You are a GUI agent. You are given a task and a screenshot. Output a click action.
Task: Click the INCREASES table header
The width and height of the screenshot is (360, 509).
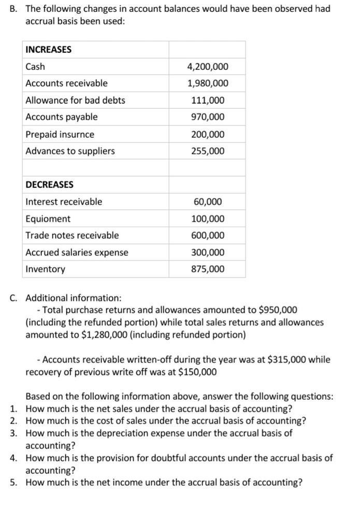(48, 50)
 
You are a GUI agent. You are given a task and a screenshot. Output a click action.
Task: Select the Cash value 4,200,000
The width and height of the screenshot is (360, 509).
(207, 67)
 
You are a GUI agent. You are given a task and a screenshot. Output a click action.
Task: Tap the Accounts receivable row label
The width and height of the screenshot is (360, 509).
(66, 83)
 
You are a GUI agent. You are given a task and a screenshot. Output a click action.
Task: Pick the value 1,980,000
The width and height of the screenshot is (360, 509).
(207, 84)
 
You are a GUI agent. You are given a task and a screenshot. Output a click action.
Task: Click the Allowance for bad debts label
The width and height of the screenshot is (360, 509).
(75, 100)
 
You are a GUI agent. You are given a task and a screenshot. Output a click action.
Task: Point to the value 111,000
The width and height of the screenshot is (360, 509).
(208, 100)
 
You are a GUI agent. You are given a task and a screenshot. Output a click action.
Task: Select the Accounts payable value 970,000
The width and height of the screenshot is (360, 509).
(208, 117)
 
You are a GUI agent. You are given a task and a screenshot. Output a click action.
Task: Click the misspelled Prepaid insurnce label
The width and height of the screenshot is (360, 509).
(60, 135)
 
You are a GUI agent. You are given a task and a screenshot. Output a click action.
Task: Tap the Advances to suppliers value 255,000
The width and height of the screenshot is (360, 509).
(208, 151)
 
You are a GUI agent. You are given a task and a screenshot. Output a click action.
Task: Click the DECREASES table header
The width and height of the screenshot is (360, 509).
(49, 185)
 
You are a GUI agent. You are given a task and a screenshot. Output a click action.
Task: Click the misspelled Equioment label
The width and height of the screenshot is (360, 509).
(48, 219)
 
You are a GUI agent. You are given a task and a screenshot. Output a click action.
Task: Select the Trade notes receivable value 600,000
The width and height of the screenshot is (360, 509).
(208, 236)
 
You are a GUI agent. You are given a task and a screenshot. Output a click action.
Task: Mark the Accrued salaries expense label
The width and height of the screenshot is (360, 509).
(77, 253)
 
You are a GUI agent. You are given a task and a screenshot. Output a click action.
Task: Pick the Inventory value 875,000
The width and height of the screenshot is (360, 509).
(208, 269)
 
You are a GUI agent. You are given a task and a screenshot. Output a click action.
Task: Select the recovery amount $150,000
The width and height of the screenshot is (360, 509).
(197, 372)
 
